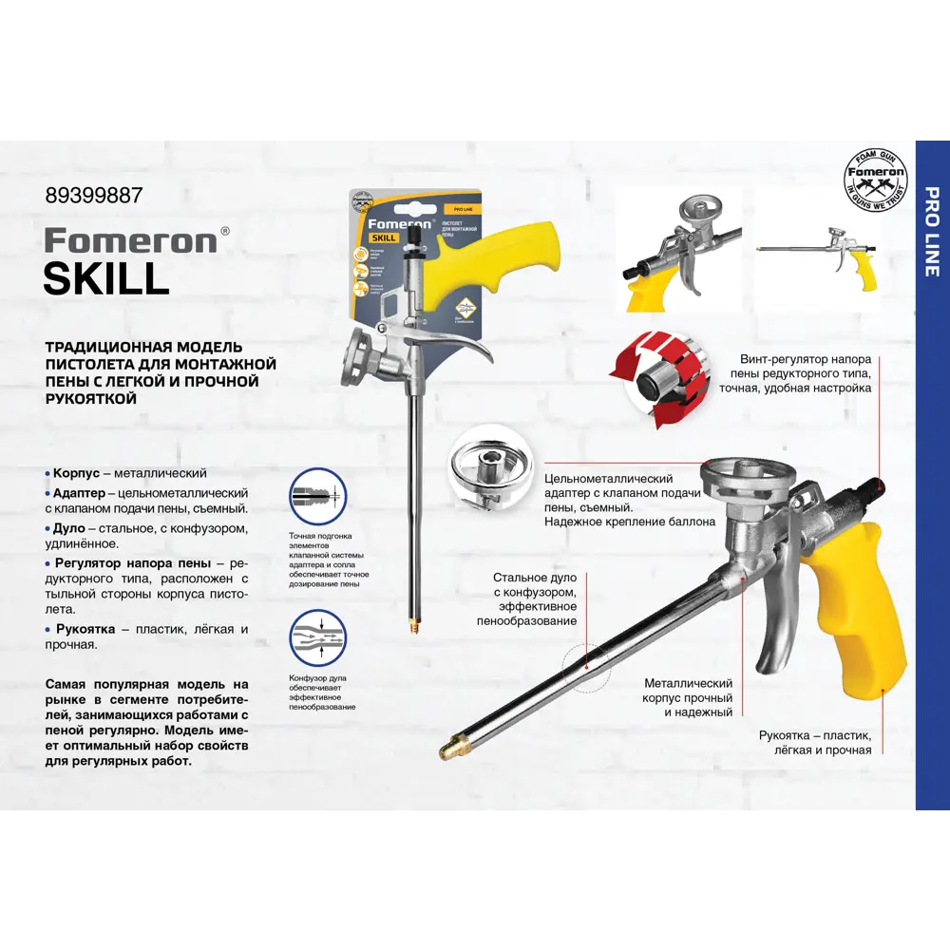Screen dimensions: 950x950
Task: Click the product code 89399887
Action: (x=94, y=196)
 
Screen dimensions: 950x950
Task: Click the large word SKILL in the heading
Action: (x=106, y=277)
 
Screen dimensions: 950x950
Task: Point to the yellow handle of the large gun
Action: (x=860, y=617)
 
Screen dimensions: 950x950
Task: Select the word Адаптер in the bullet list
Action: (x=80, y=494)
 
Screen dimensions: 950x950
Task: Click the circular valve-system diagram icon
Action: (x=317, y=496)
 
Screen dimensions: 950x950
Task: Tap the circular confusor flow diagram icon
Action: (x=317, y=638)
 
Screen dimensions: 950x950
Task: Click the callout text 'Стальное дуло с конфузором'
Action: (x=534, y=598)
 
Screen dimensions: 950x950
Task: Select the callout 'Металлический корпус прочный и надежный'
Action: (x=688, y=697)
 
